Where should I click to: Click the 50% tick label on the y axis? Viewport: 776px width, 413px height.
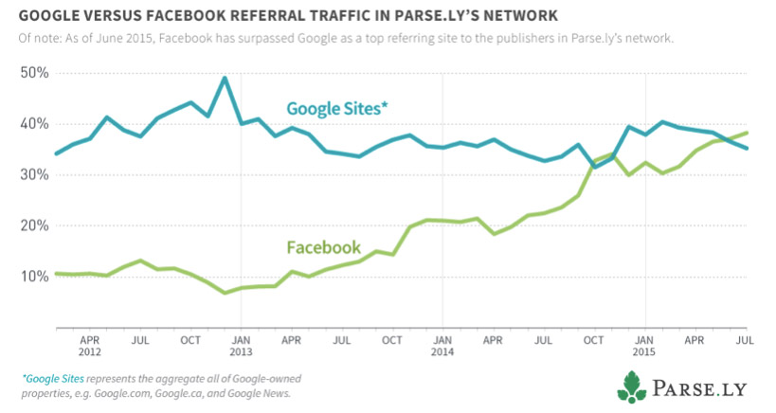point(34,73)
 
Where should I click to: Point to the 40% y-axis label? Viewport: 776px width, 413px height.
point(34,124)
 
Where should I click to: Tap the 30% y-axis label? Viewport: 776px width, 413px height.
point(34,175)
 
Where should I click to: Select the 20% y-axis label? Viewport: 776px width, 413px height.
point(34,226)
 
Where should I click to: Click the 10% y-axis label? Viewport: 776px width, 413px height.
point(34,277)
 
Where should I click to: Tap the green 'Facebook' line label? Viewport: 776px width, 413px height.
point(323,248)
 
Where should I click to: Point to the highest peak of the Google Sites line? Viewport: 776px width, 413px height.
point(225,78)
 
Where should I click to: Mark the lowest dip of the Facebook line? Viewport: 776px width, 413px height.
point(225,293)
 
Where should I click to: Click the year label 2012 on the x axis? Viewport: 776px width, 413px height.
point(91,350)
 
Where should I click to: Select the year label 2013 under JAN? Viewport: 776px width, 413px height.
point(241,350)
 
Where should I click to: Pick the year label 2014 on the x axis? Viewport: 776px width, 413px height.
point(442,350)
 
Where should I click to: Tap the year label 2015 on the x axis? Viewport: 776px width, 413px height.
point(643,350)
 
